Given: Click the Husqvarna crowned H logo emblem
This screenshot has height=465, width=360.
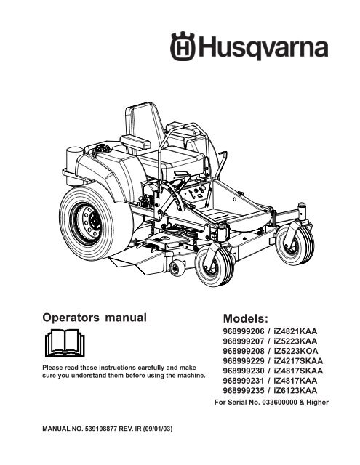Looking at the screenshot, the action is point(183,46).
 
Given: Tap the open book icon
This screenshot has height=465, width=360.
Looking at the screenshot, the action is point(65,342).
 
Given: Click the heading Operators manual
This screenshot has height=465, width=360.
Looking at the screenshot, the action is point(95,318).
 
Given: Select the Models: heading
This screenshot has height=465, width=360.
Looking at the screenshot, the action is point(245,318).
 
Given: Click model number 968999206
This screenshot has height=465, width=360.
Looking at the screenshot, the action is point(244,331).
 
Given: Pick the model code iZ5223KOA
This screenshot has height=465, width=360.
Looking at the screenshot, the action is point(295,351).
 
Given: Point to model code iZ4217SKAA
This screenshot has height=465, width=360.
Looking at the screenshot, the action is point(298,361).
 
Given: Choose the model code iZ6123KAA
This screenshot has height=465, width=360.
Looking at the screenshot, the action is point(295,391).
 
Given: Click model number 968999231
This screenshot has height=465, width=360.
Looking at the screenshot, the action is point(244,381).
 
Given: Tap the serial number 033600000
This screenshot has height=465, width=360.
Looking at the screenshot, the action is point(279,403).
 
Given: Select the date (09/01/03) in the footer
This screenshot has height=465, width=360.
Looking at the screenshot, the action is point(158,429).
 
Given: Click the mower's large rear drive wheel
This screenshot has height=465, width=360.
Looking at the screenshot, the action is point(96,222).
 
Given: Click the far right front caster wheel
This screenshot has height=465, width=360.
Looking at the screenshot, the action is point(295,244).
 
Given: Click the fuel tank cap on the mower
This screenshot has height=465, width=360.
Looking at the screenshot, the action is point(103,148).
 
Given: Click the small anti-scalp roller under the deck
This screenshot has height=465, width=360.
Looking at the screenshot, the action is point(177,268).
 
